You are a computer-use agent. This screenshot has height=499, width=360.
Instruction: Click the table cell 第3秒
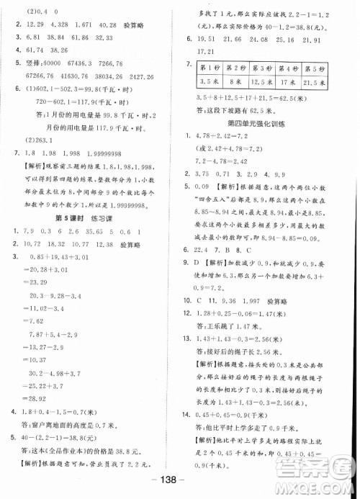click(268, 68)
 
